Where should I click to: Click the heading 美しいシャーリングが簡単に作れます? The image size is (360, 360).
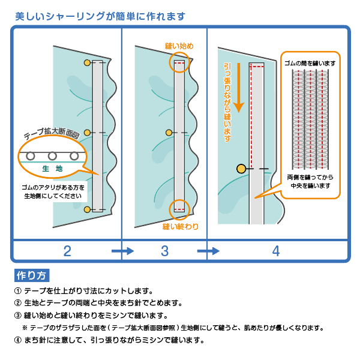[100, 16]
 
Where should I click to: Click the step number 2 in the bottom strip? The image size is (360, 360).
[67, 251]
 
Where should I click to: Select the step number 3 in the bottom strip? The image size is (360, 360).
[164, 251]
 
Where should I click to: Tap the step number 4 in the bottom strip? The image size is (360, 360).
[275, 251]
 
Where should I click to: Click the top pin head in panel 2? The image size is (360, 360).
[87, 62]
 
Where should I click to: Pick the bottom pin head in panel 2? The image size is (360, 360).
[87, 209]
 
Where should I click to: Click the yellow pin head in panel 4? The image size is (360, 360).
[241, 170]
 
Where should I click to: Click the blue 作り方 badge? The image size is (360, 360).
[32, 275]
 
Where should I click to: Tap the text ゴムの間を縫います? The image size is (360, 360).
[310, 62]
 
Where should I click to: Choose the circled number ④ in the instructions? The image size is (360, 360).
[17, 340]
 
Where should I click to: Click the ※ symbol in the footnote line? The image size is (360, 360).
[25, 328]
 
